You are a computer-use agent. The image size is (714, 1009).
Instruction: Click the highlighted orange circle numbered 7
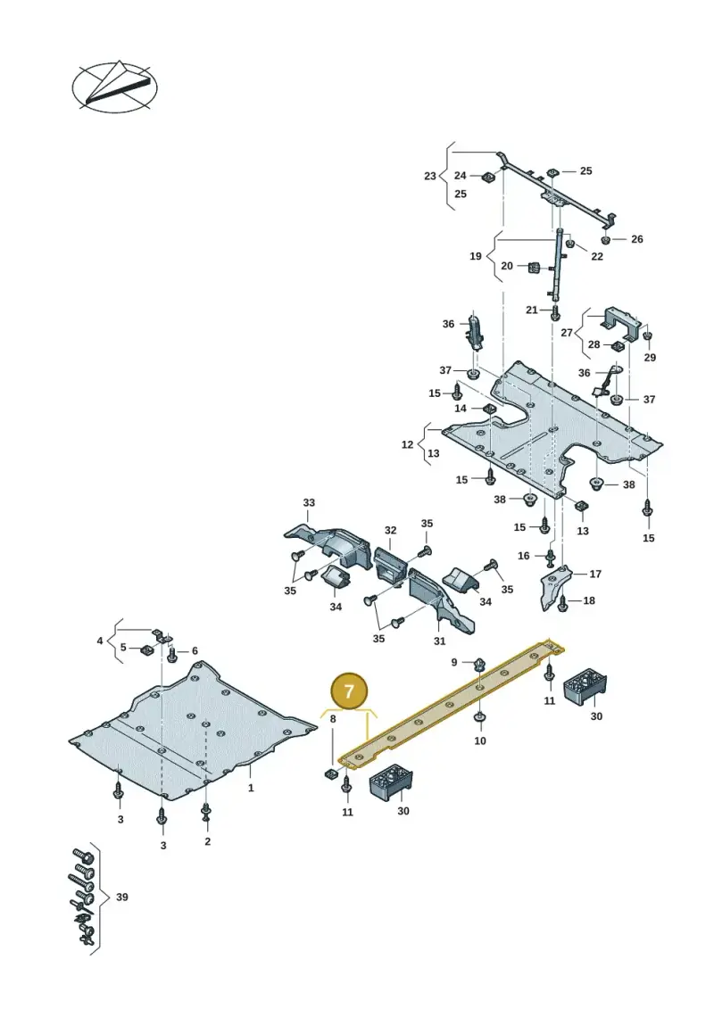click(348, 691)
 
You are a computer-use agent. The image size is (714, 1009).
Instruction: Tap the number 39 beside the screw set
click(121, 897)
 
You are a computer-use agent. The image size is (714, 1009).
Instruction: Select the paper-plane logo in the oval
click(114, 87)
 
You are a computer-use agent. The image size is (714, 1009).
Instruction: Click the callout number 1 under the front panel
click(251, 788)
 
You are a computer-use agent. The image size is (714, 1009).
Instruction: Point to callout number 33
click(309, 502)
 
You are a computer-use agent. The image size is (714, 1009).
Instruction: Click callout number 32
click(391, 530)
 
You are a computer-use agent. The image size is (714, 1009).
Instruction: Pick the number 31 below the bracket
click(440, 641)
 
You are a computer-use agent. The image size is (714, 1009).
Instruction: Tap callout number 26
click(636, 239)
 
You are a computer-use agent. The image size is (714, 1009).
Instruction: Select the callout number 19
click(475, 256)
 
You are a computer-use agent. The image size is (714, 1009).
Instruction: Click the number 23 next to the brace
click(430, 176)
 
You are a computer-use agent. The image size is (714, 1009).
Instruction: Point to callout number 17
click(595, 574)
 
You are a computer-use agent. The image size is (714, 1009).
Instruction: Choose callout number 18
click(589, 600)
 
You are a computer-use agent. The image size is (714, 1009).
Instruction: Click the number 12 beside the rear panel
click(408, 444)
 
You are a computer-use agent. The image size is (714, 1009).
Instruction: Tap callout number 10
click(480, 740)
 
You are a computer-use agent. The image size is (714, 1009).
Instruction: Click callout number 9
click(454, 662)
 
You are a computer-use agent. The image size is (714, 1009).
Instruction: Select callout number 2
click(207, 841)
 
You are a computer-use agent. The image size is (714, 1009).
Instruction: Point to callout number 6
click(195, 650)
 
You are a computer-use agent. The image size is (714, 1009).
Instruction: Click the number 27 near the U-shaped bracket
click(567, 333)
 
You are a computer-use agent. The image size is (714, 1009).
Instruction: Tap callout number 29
click(650, 357)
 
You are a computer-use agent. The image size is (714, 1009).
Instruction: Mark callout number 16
click(523, 555)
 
